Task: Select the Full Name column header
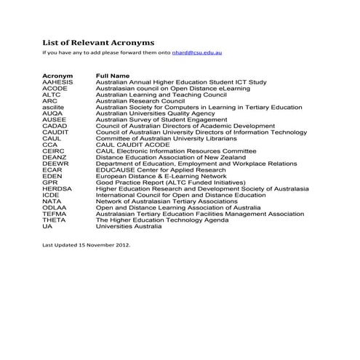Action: pyautogui.click(x=113, y=76)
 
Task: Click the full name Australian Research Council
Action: pyautogui.click(x=141, y=100)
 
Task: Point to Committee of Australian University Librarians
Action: pyautogui.click(x=167, y=138)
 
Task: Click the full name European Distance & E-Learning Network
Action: pyautogui.click(x=161, y=176)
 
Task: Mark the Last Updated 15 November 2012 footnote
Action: pyautogui.click(x=87, y=245)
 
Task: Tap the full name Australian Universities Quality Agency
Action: pyautogui.click(x=156, y=113)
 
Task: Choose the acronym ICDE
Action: pyautogui.click(x=51, y=195)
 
